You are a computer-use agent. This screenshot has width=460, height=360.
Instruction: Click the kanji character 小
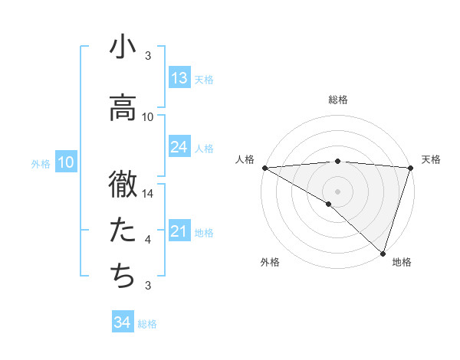click(123, 48)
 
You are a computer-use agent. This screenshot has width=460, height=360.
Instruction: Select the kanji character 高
click(123, 110)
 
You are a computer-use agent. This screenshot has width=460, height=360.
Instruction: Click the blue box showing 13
click(179, 78)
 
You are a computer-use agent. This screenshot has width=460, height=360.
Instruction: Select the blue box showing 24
click(179, 147)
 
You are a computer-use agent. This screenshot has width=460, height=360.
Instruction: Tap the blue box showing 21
click(179, 231)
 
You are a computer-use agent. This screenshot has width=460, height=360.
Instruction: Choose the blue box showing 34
click(123, 322)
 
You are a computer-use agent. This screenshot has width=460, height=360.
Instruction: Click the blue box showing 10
click(65, 162)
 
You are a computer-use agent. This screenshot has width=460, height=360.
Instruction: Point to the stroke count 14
click(149, 194)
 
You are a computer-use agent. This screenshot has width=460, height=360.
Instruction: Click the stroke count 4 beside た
click(148, 240)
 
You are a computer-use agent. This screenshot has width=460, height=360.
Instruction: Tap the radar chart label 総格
click(338, 100)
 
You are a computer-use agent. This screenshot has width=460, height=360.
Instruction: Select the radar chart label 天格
click(432, 159)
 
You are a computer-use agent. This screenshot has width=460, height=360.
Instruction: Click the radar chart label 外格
click(270, 262)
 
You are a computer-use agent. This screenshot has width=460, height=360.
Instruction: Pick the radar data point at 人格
click(264, 168)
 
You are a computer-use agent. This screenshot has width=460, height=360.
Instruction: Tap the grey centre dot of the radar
click(337, 191)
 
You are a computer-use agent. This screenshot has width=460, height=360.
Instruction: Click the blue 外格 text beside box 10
click(40, 163)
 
